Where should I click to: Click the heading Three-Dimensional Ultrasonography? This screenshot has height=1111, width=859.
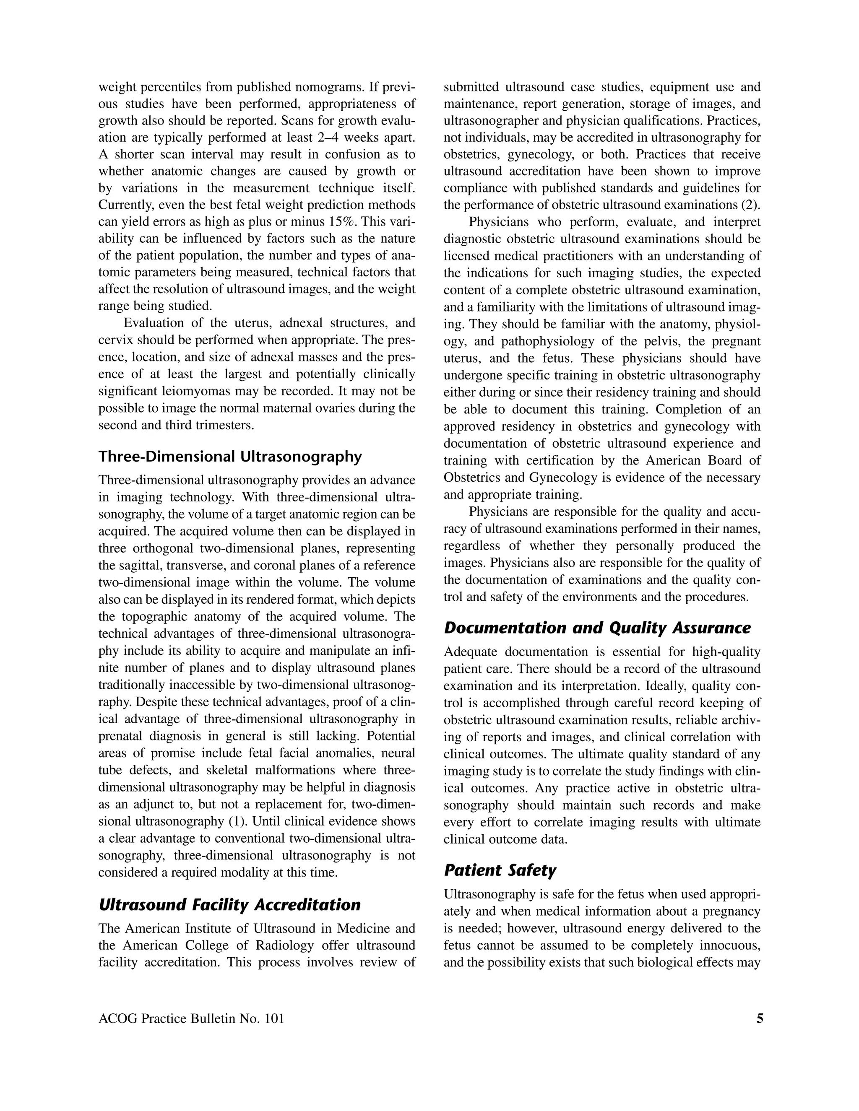(229, 456)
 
